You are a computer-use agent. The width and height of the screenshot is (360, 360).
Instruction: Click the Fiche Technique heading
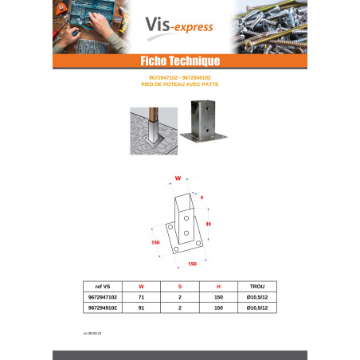coord(179,61)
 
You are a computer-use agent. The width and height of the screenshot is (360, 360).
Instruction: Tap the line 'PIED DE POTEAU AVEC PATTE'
coord(179,83)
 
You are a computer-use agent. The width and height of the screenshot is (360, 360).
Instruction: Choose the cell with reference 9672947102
coord(101,296)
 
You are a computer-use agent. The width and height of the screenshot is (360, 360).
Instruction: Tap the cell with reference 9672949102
coord(101,306)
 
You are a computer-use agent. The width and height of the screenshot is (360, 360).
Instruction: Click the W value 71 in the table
coord(141,296)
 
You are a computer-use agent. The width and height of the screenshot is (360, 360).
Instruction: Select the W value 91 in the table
coord(141,306)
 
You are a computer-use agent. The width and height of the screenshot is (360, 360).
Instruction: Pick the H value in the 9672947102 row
coord(217,296)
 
